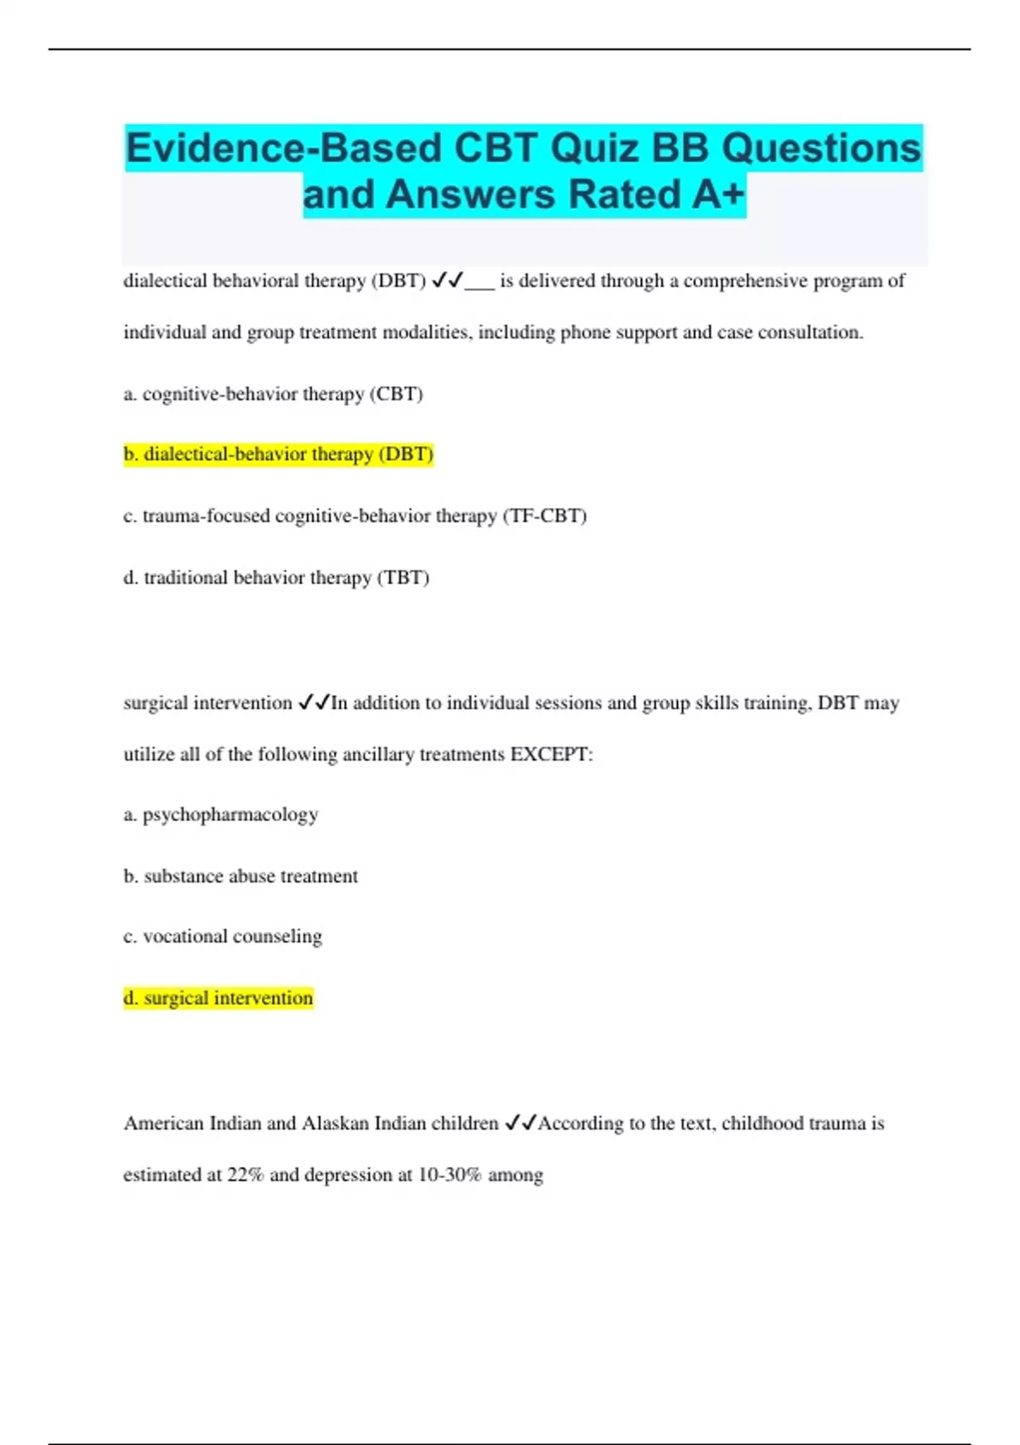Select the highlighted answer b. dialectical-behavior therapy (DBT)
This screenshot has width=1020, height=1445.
(279, 455)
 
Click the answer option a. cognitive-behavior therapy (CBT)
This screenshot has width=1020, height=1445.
(273, 394)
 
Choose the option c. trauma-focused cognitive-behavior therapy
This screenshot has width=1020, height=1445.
(355, 516)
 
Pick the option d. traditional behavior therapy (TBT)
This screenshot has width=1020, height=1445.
(276, 578)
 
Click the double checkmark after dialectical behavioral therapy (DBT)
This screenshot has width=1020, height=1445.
(447, 280)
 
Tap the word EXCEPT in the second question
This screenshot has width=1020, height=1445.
(550, 755)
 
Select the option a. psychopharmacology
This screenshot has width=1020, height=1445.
(221, 815)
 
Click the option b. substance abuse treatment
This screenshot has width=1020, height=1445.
(241, 876)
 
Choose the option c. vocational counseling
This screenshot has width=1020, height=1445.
(223, 937)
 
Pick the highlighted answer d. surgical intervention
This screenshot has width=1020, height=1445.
(218, 998)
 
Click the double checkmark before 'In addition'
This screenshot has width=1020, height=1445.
(314, 703)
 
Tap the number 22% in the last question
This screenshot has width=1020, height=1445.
(245, 1175)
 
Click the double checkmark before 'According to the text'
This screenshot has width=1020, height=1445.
(520, 1124)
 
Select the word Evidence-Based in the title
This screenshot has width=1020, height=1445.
(284, 149)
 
